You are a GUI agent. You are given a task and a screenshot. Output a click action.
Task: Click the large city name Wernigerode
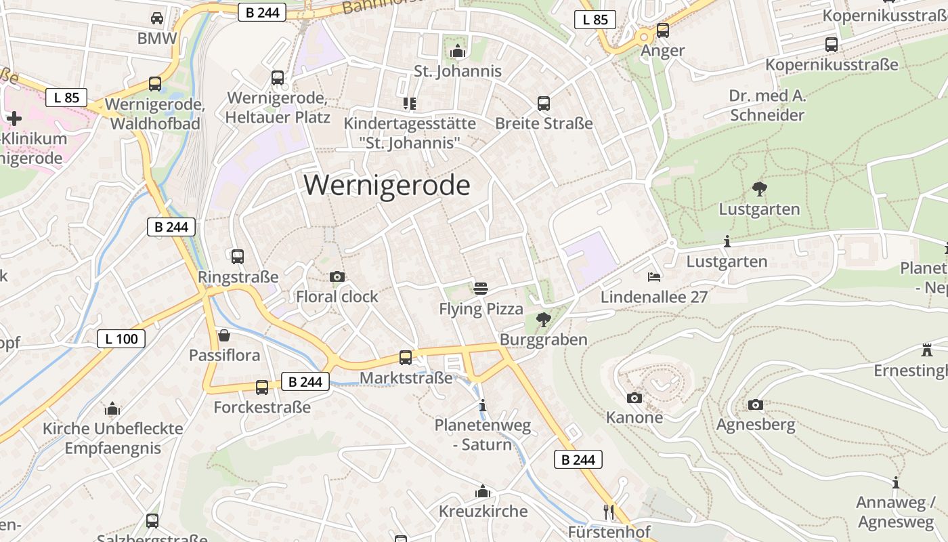(387, 186)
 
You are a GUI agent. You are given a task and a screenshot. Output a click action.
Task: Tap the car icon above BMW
(157, 18)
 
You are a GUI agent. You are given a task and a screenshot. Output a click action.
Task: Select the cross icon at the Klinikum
(14, 119)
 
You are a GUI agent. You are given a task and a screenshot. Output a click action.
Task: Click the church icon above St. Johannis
(458, 51)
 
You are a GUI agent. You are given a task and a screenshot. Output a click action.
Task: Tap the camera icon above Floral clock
(337, 276)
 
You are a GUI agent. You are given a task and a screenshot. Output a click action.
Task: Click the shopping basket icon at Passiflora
(224, 335)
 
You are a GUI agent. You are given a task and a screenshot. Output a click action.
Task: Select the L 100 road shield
(121, 339)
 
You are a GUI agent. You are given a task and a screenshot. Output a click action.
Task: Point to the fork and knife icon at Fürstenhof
(609, 512)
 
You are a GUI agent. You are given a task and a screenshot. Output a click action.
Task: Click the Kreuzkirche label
(483, 511)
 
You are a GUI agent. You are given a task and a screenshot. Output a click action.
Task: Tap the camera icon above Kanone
(634, 398)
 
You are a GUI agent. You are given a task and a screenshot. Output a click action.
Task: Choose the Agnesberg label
(756, 425)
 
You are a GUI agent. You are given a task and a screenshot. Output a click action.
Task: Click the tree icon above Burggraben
(543, 319)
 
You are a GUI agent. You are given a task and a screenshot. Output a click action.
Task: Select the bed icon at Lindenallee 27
(654, 276)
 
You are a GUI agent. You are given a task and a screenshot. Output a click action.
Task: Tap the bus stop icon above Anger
(663, 30)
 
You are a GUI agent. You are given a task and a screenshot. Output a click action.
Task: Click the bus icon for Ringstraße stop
(238, 257)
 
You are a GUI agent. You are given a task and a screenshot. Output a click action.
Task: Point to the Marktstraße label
(406, 377)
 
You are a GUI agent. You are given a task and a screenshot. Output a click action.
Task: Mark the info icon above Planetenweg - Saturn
(483, 406)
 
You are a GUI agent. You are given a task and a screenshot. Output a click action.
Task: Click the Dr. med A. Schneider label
(767, 105)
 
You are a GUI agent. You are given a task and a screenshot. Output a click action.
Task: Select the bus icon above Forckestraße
(262, 388)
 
